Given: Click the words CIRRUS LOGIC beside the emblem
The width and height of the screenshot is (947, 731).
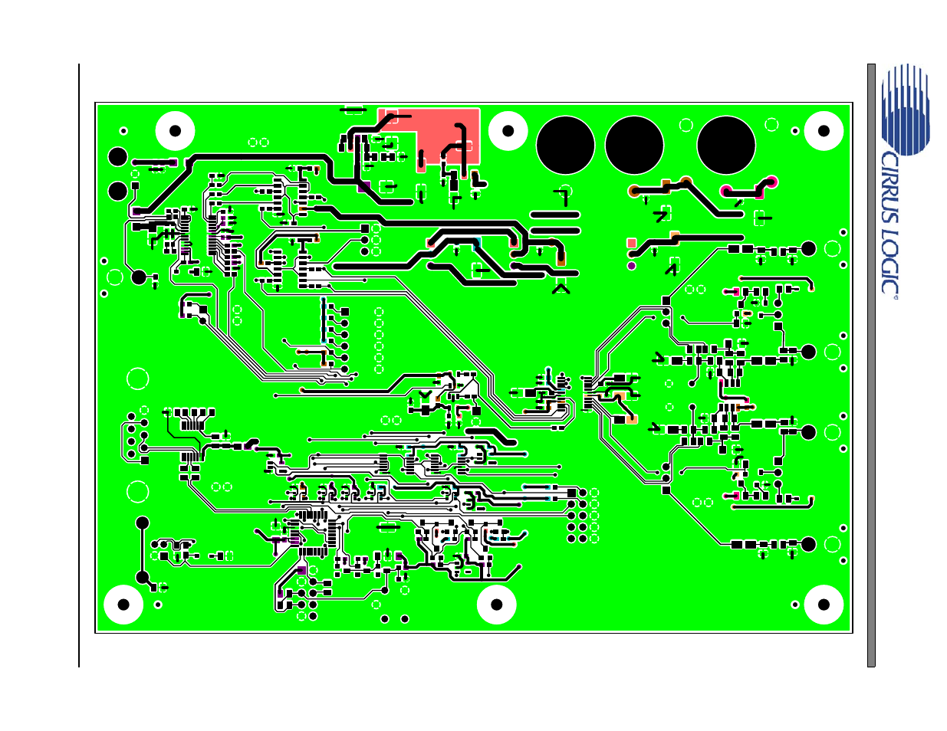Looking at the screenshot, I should (x=889, y=222).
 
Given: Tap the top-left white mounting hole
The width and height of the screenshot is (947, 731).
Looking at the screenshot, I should (x=175, y=131).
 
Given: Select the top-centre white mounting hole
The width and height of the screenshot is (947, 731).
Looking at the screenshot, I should (x=508, y=131).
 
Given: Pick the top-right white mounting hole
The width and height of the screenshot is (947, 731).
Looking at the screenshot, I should (x=824, y=131).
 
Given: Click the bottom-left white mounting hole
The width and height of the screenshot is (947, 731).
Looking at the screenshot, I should (x=123, y=605).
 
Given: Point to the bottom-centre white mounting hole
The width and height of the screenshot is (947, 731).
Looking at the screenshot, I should (x=496, y=605).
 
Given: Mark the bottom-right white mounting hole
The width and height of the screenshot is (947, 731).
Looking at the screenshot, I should (x=824, y=605).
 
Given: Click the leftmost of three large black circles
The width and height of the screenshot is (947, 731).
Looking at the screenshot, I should (x=566, y=146).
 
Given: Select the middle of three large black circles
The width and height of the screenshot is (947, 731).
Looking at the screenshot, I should (x=634, y=146).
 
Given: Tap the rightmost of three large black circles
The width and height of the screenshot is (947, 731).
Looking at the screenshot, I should (x=726, y=146).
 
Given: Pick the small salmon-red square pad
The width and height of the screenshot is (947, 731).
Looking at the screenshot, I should (x=632, y=243).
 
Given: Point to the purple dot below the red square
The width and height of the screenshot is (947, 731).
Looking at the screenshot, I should (x=632, y=266).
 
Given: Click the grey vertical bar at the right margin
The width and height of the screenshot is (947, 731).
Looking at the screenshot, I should (x=871, y=365).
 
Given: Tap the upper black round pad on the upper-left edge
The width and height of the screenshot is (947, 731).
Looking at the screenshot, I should (x=117, y=157).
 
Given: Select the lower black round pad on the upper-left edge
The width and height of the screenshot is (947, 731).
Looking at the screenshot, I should (x=117, y=191).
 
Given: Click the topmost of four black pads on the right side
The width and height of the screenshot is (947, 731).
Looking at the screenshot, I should (x=808, y=248).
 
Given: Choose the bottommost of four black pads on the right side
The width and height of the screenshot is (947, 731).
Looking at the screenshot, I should (x=808, y=544).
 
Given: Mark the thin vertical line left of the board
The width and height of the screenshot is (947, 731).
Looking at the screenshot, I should (x=79, y=365).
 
